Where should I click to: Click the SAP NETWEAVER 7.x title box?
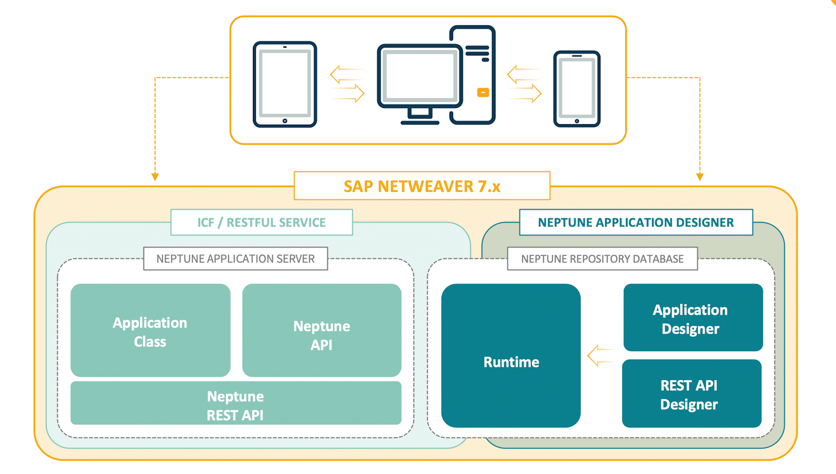[422, 186]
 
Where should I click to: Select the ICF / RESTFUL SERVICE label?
[261, 222]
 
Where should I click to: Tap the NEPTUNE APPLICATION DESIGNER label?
[635, 222]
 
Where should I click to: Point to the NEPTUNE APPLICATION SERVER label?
[235, 259]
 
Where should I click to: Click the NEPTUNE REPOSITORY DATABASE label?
[602, 259]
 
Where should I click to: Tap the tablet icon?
[285, 85]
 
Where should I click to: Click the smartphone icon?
[577, 89]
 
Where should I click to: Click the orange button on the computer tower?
[483, 92]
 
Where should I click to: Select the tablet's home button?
[285, 121]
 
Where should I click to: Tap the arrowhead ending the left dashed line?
[155, 177]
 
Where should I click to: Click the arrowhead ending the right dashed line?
[700, 177]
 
